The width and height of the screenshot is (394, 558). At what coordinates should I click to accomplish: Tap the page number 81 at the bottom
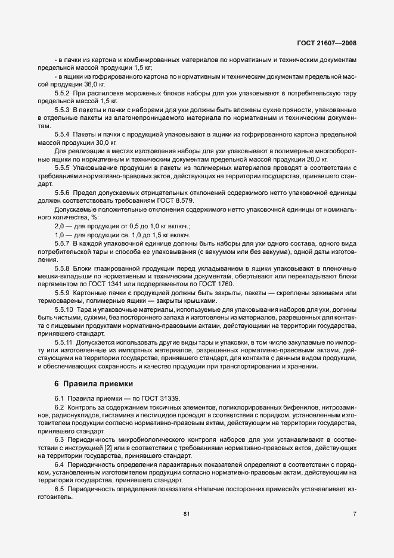pyautogui.click(x=187, y=513)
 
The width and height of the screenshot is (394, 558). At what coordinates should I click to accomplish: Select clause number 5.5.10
pyautogui.click(x=64, y=311)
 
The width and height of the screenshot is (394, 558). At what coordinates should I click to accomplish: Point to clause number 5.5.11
pyautogui.click(x=64, y=343)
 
